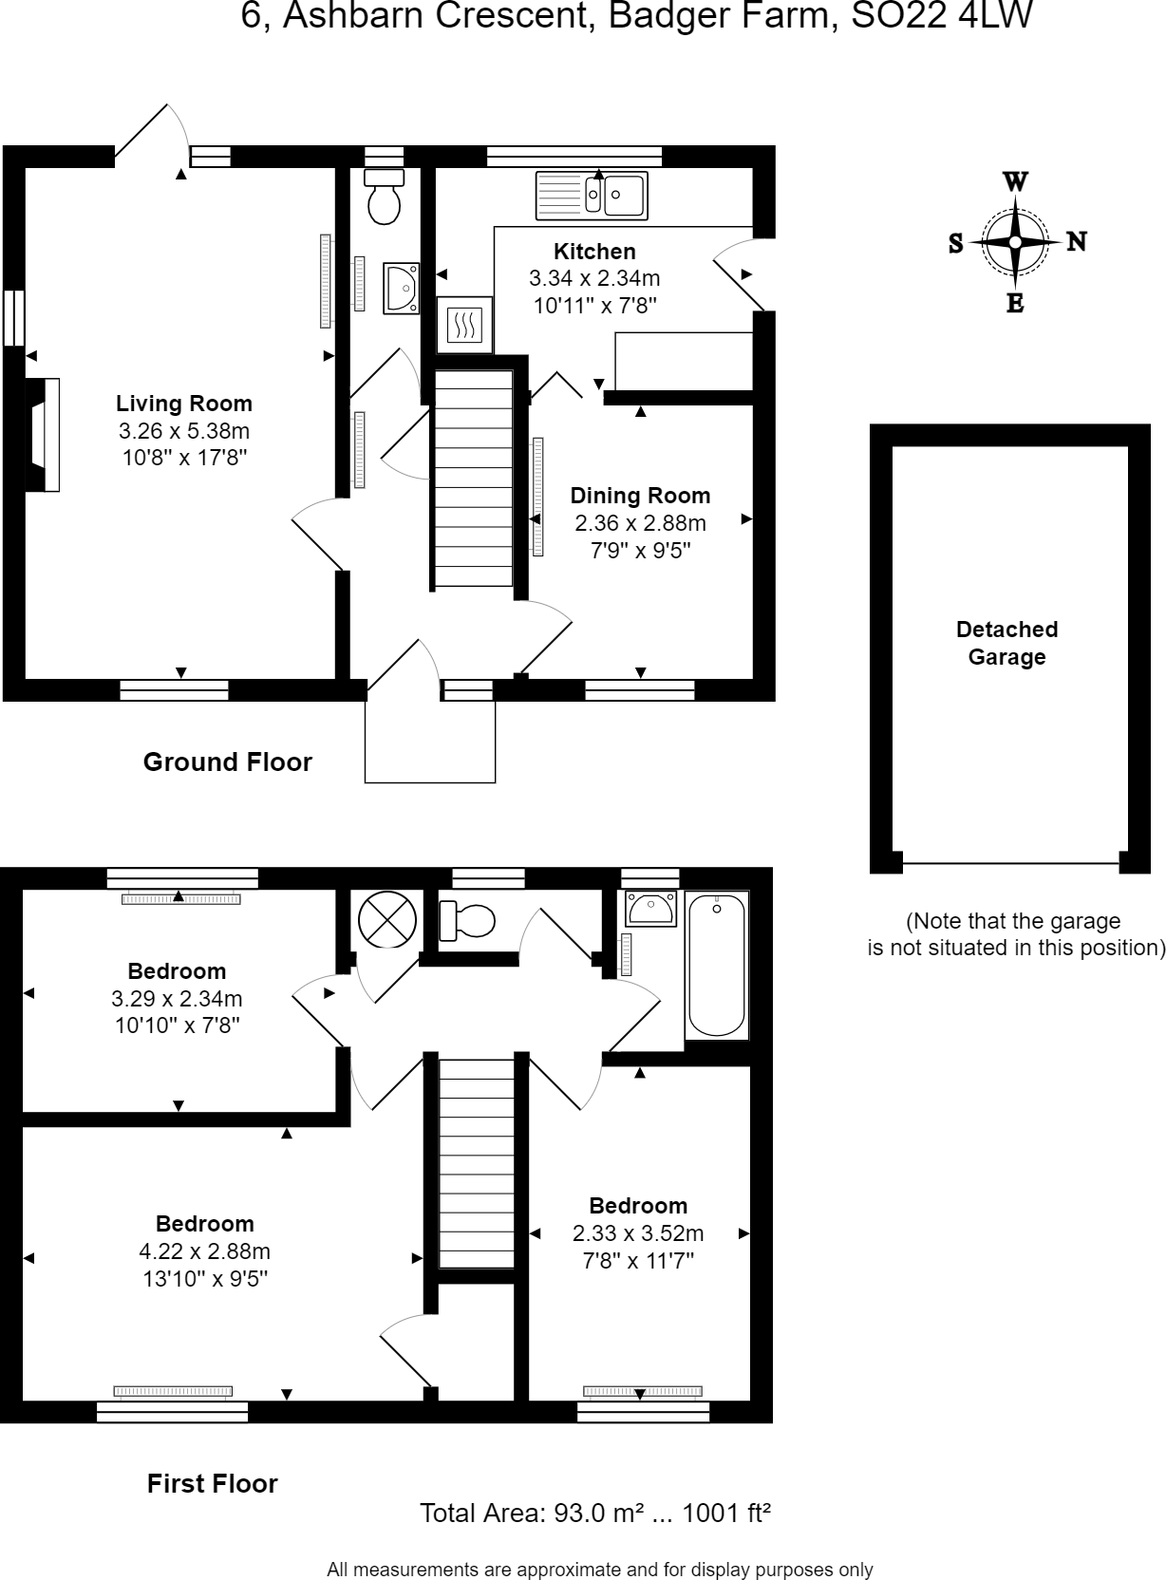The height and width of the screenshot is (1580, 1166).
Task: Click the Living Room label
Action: pyautogui.click(x=184, y=404)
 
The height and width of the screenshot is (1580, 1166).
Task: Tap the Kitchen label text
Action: pyautogui.click(x=594, y=252)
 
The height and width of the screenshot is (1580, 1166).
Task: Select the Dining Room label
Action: pyautogui.click(x=640, y=496)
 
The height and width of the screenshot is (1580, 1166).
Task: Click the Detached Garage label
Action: pyautogui.click(x=1006, y=643)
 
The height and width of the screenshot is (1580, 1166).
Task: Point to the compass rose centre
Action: pyautogui.click(x=1015, y=242)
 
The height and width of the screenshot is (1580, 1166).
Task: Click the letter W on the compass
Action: pyautogui.click(x=1015, y=182)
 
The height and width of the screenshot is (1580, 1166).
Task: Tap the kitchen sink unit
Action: pyautogui.click(x=592, y=196)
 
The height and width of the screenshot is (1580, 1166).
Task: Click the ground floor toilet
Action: pyautogui.click(x=384, y=196)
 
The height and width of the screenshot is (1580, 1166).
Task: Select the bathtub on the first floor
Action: pyautogui.click(x=717, y=965)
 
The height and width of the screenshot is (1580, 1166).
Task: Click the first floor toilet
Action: pyautogui.click(x=466, y=920)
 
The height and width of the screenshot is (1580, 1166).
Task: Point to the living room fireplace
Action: pyautogui.click(x=43, y=435)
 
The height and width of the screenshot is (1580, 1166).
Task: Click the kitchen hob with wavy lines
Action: pyautogui.click(x=464, y=325)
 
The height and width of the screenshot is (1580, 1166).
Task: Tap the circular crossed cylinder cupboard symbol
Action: pyautogui.click(x=386, y=920)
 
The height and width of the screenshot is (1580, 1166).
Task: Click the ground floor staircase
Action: pyautogui.click(x=474, y=478)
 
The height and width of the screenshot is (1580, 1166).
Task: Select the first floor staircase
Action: pyautogui.click(x=476, y=1163)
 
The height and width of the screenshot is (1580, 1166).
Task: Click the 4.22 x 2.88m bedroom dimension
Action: pyautogui.click(x=204, y=1251)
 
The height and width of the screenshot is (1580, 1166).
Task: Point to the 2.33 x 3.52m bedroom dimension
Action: pyautogui.click(x=637, y=1233)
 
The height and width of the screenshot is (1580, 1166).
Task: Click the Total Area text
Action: pyautogui.click(x=595, y=1512)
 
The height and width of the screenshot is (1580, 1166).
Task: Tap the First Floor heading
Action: pyautogui.click(x=213, y=1483)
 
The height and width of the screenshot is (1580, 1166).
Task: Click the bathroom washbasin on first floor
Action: pyautogui.click(x=650, y=908)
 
